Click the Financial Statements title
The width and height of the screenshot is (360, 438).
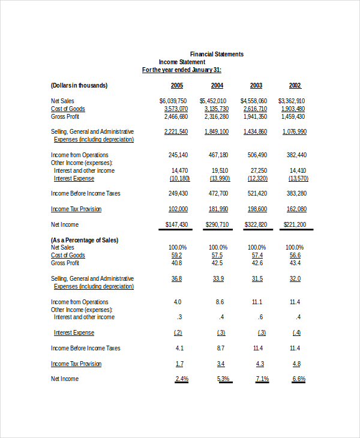[217, 54]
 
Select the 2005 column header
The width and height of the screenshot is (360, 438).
[177, 85]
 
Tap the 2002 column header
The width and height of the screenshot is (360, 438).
[295, 85]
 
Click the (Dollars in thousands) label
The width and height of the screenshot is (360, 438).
[79, 85]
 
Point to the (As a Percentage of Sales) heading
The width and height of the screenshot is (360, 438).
[85, 240]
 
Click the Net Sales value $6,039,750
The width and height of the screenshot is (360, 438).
[173, 101]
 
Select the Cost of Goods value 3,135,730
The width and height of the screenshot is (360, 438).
[217, 109]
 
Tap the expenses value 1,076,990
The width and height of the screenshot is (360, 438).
[294, 131]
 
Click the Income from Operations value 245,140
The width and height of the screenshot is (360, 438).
[178, 155]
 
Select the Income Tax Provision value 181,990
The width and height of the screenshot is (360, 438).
[218, 209]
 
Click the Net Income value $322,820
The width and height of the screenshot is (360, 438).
[256, 224]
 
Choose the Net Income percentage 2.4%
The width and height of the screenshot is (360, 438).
[182, 379]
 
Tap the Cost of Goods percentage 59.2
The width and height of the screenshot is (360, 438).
[177, 255]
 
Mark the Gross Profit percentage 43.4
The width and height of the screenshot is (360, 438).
[295, 263]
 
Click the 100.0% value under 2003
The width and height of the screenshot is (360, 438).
[257, 247]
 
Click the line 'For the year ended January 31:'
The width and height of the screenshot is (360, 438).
[181, 70]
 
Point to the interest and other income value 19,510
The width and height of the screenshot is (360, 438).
[220, 170]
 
